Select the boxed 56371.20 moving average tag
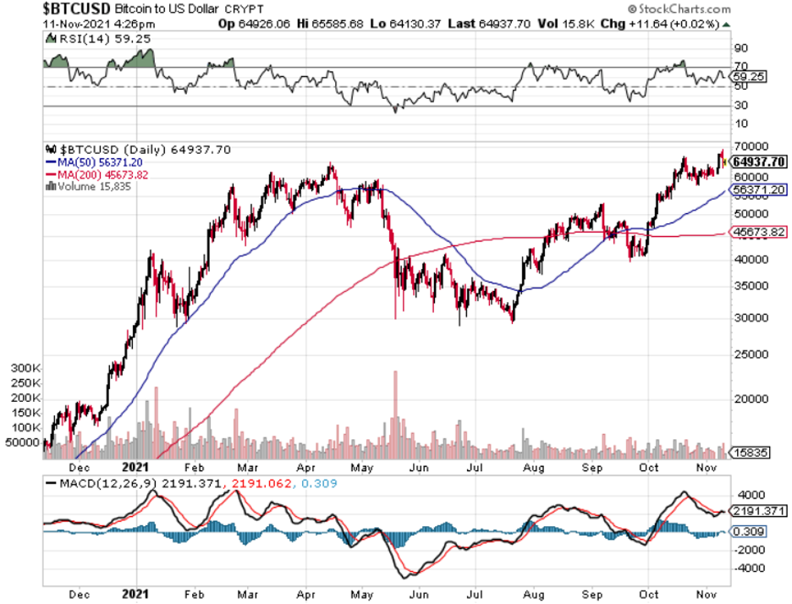click(x=758, y=190)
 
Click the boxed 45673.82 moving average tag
click(x=758, y=231)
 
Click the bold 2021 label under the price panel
click(x=135, y=466)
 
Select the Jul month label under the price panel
click(x=476, y=466)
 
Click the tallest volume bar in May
click(x=394, y=415)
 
